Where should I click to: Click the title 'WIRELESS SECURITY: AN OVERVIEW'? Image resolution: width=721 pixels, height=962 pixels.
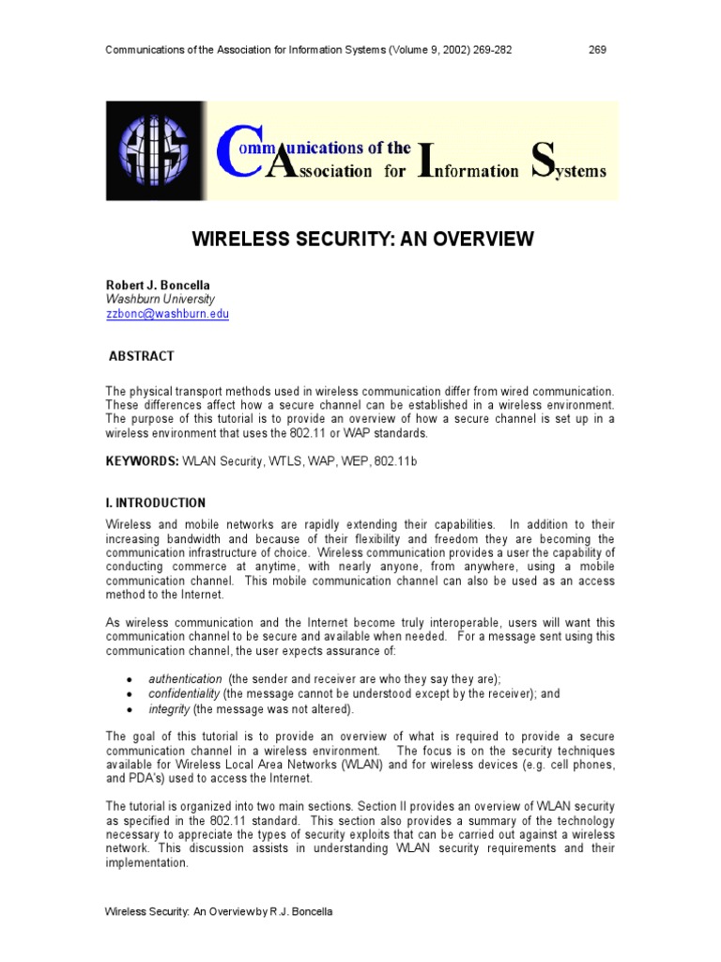pyautogui.click(x=362, y=240)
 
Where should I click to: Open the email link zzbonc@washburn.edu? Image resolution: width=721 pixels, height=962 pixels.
pyautogui.click(x=167, y=314)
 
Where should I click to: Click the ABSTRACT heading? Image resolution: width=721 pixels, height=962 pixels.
pyautogui.click(x=141, y=357)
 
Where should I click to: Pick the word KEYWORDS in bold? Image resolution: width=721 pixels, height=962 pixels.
pyautogui.click(x=142, y=461)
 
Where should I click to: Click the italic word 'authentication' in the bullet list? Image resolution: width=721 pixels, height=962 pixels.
pyautogui.click(x=185, y=678)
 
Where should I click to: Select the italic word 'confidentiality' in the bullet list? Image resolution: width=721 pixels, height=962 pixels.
pyautogui.click(x=185, y=693)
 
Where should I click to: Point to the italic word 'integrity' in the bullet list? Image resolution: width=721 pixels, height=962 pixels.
pyautogui.click(x=169, y=709)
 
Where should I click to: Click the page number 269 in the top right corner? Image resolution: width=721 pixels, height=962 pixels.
pyautogui.click(x=597, y=50)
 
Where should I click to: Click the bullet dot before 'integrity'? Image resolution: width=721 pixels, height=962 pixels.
pyautogui.click(x=129, y=710)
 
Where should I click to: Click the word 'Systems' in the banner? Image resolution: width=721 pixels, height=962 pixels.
pyautogui.click(x=568, y=170)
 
